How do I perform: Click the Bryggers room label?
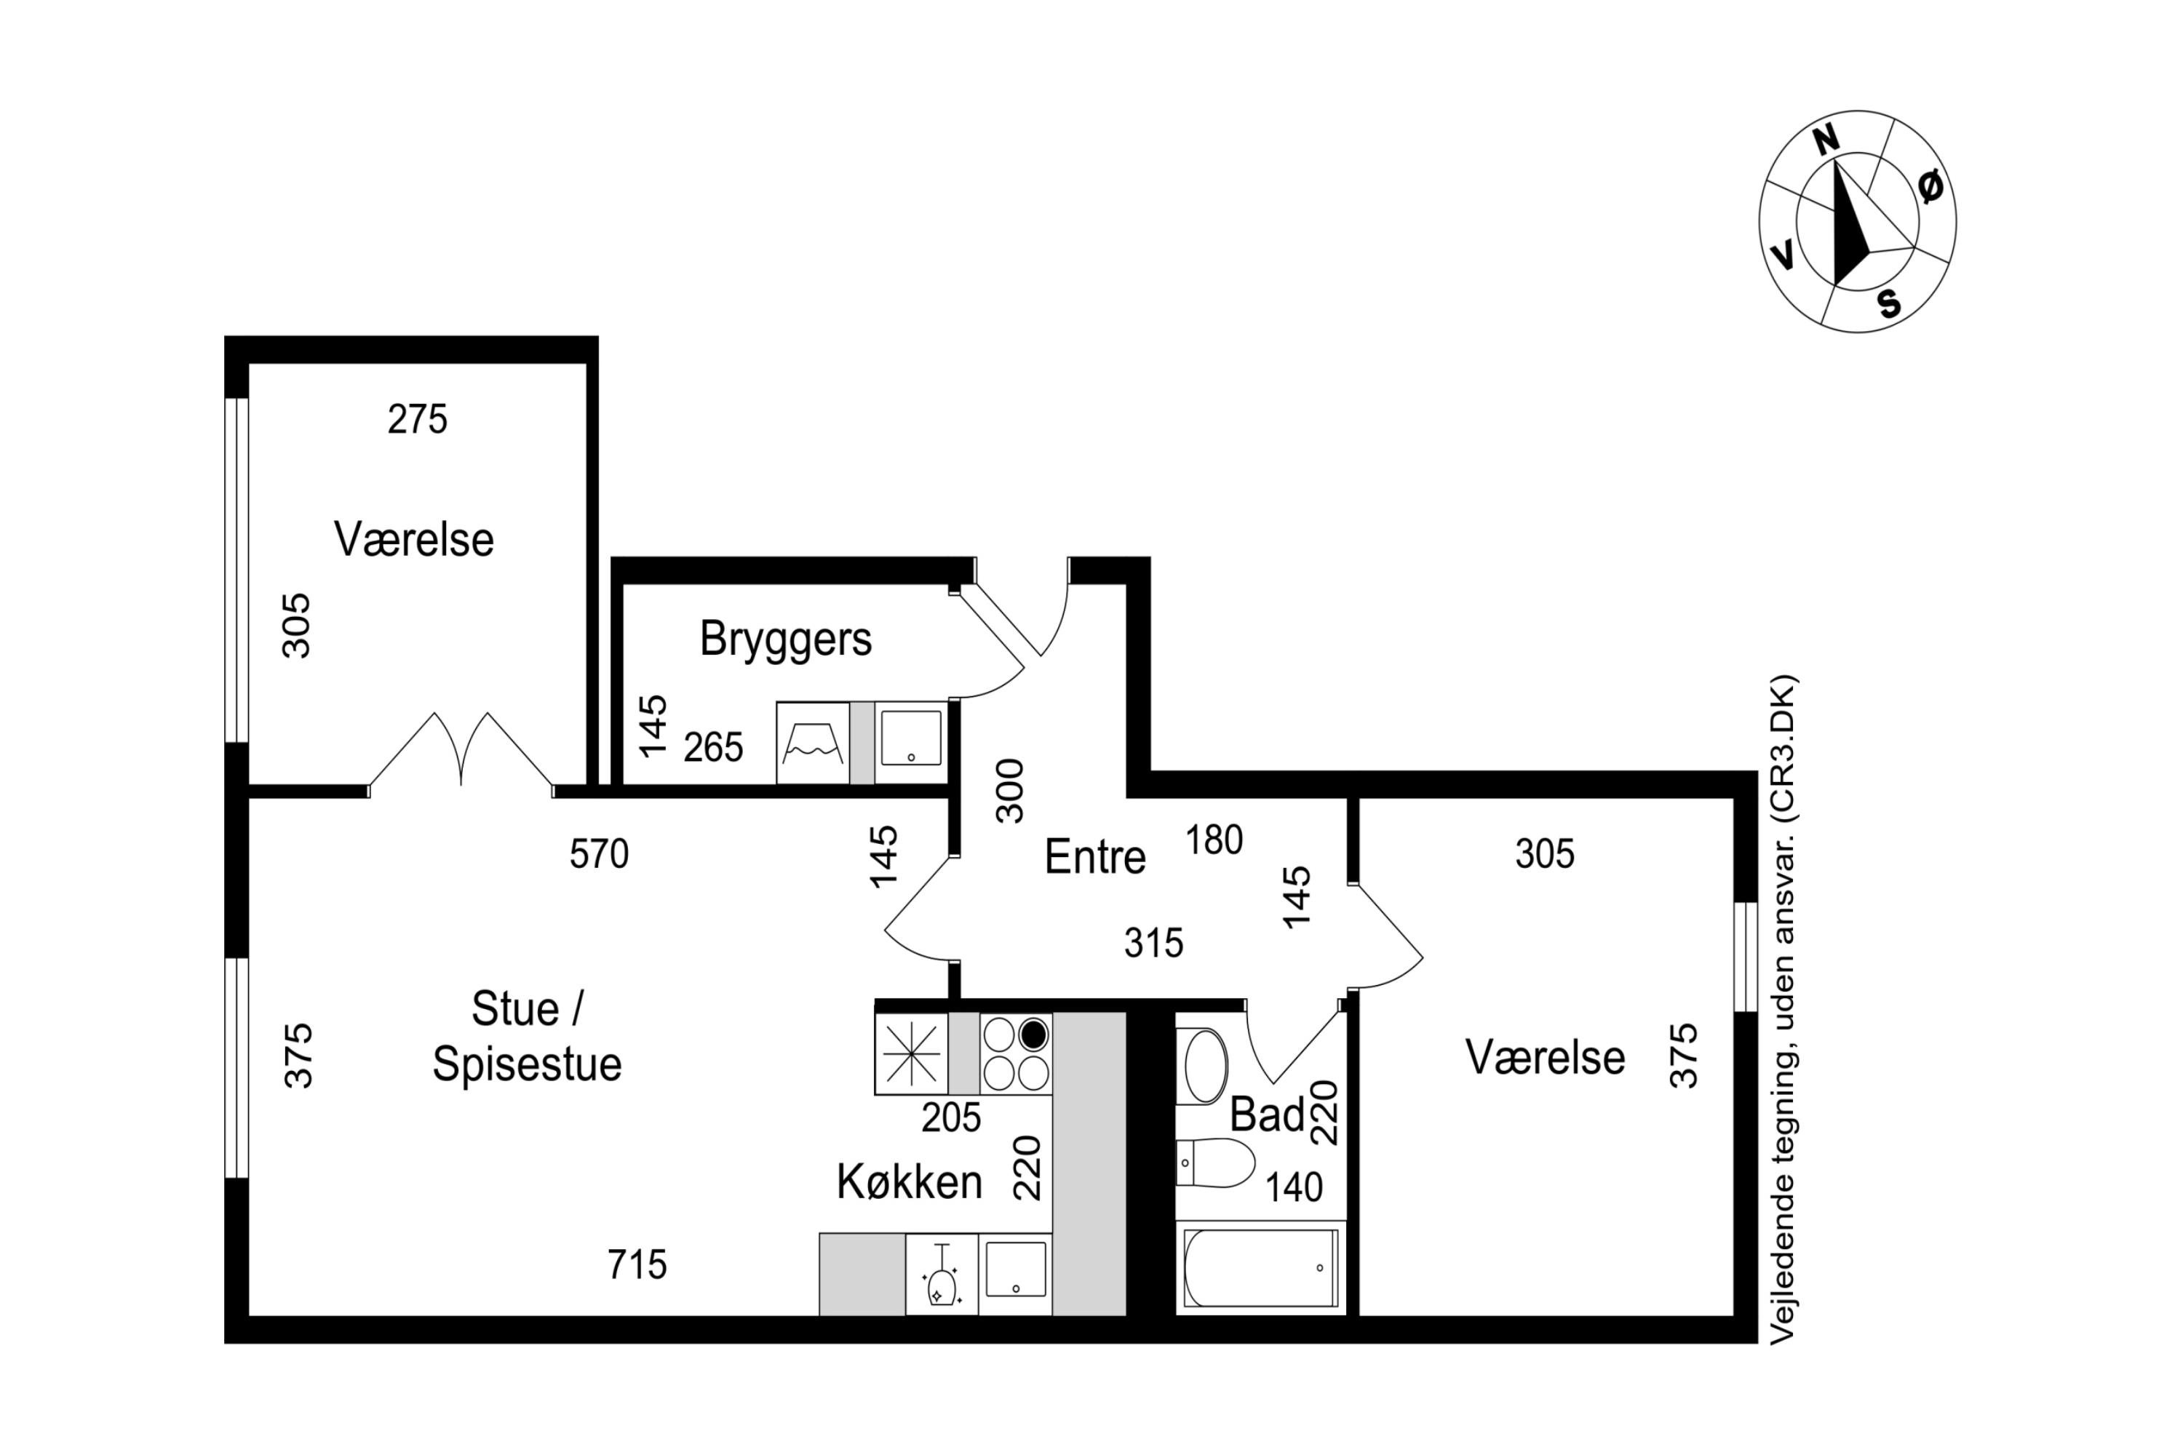tap(785, 639)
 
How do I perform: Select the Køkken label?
tap(909, 1182)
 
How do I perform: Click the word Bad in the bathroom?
tap(1266, 1115)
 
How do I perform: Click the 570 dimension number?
tap(599, 853)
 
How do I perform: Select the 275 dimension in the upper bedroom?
tap(417, 420)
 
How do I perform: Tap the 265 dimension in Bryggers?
tap(713, 747)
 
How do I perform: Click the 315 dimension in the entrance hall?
tap(1153, 944)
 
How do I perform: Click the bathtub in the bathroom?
tap(1260, 1267)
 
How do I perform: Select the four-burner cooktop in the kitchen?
tap(1015, 1054)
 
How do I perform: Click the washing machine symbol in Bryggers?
tap(812, 742)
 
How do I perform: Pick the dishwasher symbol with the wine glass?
tap(941, 1274)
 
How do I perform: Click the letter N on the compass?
tap(1826, 140)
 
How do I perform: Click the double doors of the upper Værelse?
tap(461, 752)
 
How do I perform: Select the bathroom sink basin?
tap(1203, 1067)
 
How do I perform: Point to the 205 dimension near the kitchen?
tap(950, 1118)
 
